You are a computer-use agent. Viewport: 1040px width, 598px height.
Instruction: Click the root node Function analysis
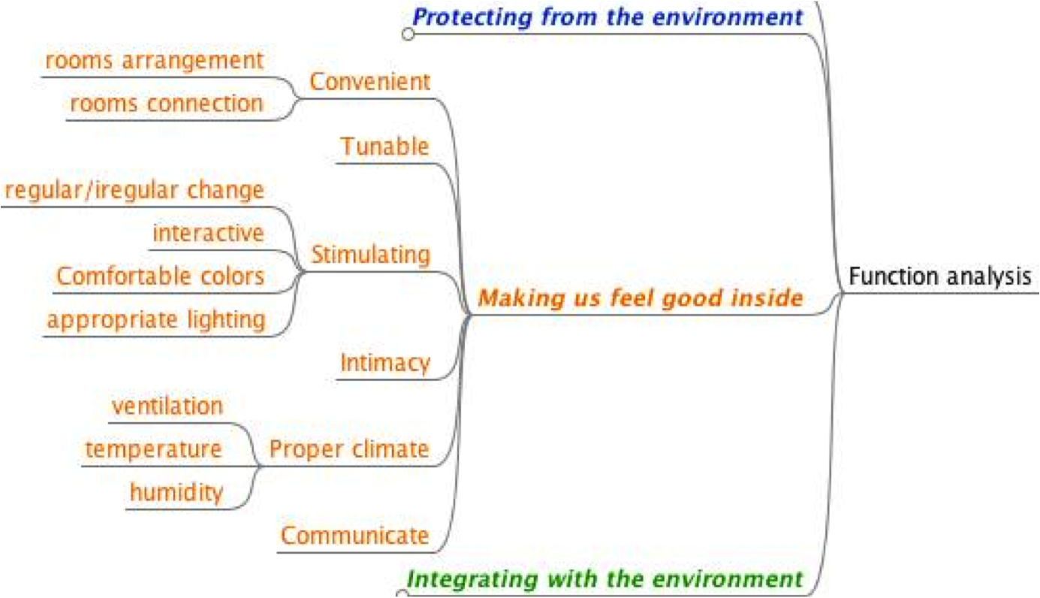point(939,276)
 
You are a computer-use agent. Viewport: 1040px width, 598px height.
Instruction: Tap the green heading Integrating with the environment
point(604,579)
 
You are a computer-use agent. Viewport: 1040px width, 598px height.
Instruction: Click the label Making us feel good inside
point(641,298)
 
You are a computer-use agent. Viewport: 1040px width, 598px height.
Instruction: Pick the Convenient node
point(369,81)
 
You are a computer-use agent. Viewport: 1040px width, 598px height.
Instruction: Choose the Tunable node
point(384,146)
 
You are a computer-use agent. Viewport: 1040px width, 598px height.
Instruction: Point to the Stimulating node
point(370,255)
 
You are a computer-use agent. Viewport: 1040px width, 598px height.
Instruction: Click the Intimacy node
point(384,363)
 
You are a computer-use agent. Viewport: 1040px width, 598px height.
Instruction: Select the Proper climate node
point(349,449)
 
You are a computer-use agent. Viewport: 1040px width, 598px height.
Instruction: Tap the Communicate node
point(354,536)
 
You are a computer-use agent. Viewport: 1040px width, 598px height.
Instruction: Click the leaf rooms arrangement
point(155,60)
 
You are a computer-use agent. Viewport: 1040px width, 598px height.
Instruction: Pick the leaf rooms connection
point(167,104)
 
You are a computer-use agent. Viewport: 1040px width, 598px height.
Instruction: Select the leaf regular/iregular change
point(134,190)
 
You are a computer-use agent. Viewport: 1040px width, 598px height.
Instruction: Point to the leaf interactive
point(208,234)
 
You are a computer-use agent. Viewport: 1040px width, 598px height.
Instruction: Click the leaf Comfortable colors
point(161,276)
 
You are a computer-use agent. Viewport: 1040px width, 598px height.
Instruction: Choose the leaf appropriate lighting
point(156,320)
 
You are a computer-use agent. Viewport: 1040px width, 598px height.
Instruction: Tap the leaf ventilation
point(167,406)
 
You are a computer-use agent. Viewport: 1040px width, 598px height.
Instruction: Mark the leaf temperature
point(153,449)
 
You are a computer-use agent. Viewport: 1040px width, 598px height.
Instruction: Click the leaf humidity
point(176,493)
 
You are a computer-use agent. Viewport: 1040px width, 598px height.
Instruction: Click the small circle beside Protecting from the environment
point(408,34)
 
